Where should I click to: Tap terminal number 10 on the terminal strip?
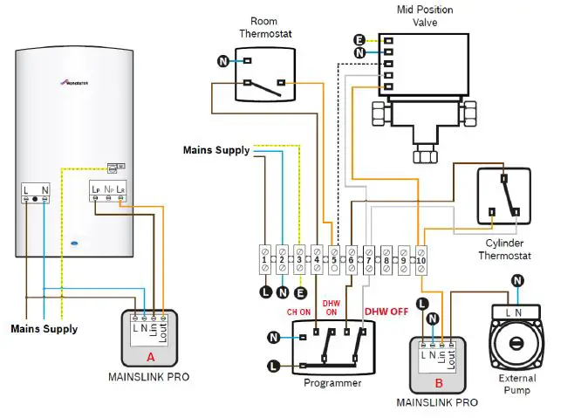(421, 259)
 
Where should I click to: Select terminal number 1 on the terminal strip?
(263, 259)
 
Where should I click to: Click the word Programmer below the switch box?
(332, 382)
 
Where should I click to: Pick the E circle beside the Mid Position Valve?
(359, 40)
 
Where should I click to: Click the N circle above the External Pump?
(517, 280)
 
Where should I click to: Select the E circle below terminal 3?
(301, 292)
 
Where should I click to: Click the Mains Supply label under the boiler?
(44, 329)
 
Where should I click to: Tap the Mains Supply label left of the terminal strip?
(215, 150)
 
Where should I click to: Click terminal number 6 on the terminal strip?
(350, 259)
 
